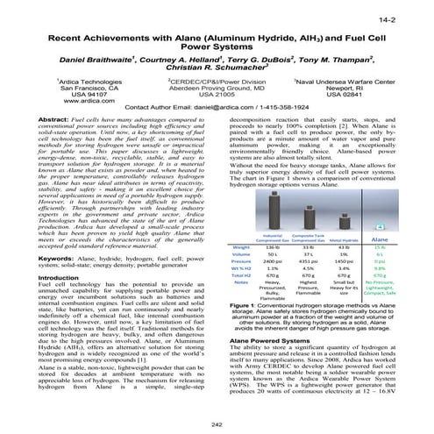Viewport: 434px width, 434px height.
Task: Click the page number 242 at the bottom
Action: [217, 424]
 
